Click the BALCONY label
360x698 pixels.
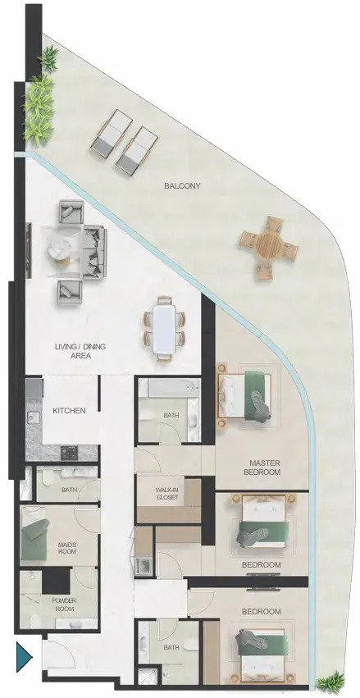tap(182, 186)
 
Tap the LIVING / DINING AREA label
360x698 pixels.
tap(80, 351)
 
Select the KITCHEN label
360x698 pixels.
tap(69, 410)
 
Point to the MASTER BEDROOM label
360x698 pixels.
tap(264, 468)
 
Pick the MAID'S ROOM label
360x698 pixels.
tap(67, 548)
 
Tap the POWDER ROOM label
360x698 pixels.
tap(64, 604)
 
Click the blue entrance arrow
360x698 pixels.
tap(25, 657)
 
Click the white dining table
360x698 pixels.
tap(165, 328)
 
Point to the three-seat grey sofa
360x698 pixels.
tap(95, 252)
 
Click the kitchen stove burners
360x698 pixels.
tap(69, 453)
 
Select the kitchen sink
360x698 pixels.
tap(33, 419)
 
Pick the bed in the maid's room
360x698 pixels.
tap(34, 540)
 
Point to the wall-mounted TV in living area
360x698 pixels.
tap(28, 250)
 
